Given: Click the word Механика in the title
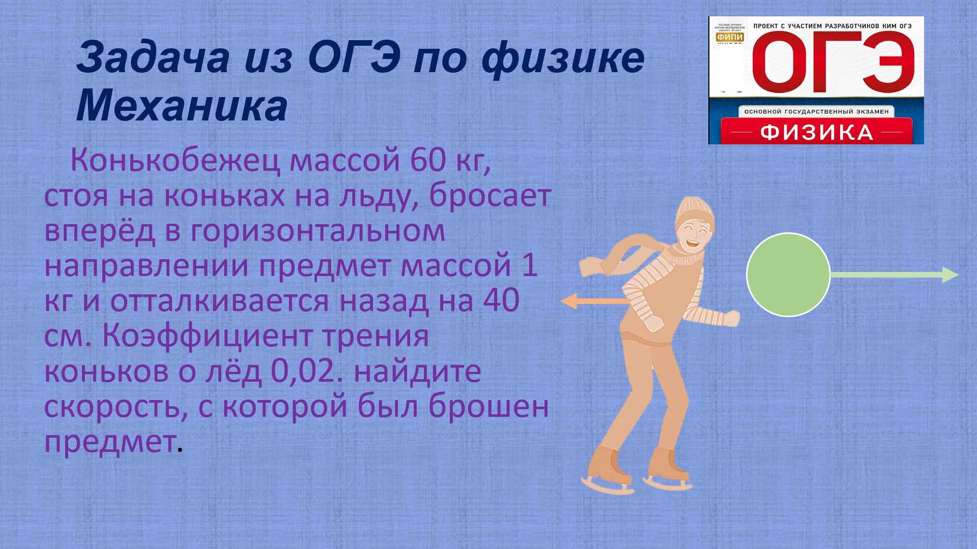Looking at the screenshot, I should coord(182,107).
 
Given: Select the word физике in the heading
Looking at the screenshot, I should coord(562,58).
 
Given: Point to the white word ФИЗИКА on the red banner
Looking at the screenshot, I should coord(816,133).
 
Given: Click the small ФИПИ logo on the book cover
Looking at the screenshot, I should coord(729,37).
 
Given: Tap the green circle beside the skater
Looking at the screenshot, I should coord(788,274).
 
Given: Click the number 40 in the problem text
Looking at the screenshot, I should coord(501,300).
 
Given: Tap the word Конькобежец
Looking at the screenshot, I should coord(176,161).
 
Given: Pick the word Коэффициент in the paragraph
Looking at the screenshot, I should coord(265,336).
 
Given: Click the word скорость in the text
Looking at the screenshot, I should coord(112,407).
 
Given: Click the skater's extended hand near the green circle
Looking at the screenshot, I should coord(732,318).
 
